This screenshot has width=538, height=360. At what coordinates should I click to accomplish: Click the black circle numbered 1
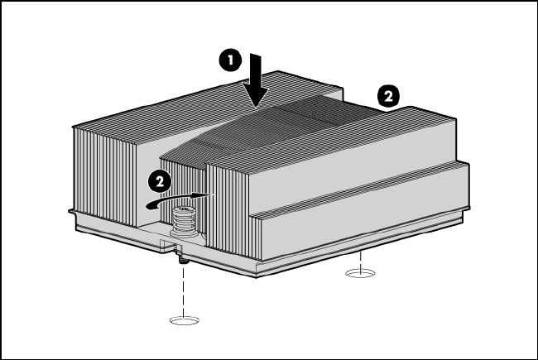pyautogui.click(x=230, y=60)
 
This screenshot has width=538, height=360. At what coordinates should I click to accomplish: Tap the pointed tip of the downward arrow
pyautogui.click(x=256, y=107)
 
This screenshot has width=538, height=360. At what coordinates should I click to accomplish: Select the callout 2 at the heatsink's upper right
pyautogui.click(x=388, y=96)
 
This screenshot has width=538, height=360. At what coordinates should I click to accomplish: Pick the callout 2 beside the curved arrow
pyautogui.click(x=160, y=181)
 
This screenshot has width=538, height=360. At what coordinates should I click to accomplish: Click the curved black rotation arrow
pyautogui.click(x=179, y=200)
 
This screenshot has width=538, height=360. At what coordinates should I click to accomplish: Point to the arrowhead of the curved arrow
pyautogui.click(x=204, y=195)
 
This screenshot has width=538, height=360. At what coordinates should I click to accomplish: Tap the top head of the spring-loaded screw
pyautogui.click(x=183, y=209)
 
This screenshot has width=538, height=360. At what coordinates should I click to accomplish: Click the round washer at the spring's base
pyautogui.click(x=185, y=234)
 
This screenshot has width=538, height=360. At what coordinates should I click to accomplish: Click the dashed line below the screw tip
pyautogui.click(x=184, y=291)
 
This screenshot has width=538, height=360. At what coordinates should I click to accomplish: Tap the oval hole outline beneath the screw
pyautogui.click(x=185, y=320)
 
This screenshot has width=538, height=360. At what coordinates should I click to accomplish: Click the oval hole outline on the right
pyautogui.click(x=360, y=273)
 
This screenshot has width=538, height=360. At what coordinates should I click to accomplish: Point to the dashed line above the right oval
pyautogui.click(x=360, y=261)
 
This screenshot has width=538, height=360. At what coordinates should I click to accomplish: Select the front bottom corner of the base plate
pyautogui.click(x=257, y=276)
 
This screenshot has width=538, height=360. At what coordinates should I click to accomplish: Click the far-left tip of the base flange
pyautogui.click(x=69, y=212)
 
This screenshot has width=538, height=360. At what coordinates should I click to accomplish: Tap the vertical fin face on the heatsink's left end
pyautogui.click(x=103, y=175)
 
